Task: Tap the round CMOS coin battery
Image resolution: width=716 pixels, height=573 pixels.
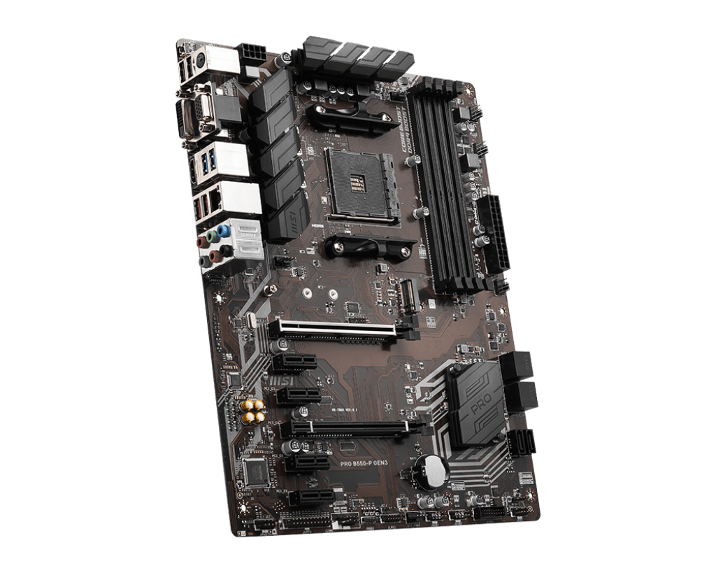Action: click(x=429, y=470)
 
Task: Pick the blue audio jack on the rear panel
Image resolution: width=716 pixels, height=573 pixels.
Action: click(x=223, y=229)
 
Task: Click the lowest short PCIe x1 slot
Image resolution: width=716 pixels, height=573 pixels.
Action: click(x=311, y=497)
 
